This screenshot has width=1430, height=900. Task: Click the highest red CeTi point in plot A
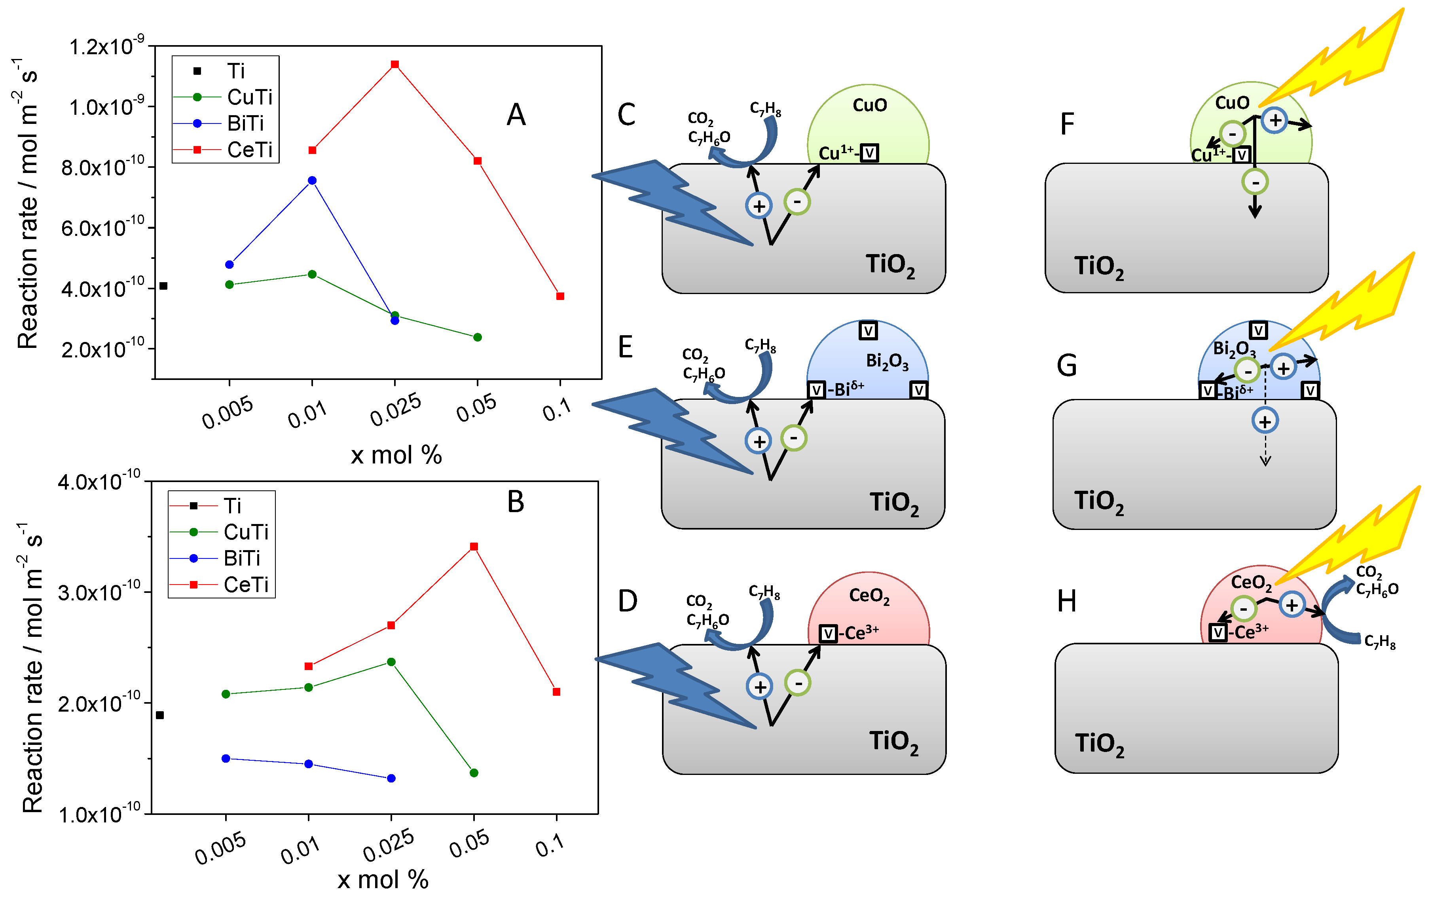(395, 64)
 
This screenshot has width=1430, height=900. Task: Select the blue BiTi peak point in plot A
(312, 180)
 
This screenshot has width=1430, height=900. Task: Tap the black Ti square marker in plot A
(164, 286)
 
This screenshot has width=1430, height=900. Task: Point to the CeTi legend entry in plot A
(249, 150)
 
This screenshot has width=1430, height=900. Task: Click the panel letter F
(1067, 125)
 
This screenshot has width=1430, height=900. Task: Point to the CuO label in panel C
(869, 106)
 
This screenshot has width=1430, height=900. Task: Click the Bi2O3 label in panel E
(887, 361)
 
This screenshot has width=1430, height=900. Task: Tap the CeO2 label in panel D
(869, 596)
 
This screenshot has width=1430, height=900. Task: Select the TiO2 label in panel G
(1099, 502)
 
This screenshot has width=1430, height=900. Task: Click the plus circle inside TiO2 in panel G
(1265, 421)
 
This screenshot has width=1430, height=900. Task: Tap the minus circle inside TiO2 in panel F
(1255, 182)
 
